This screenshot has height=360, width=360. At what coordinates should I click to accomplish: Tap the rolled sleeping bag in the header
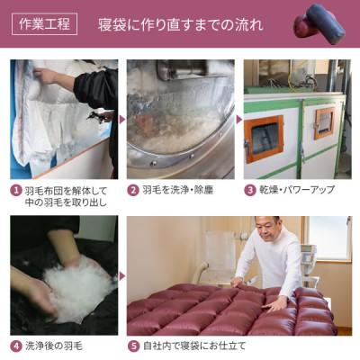tap(325, 23)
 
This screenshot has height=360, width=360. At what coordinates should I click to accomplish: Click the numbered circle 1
tap(16, 191)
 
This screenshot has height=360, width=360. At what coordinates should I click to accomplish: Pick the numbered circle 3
tap(250, 191)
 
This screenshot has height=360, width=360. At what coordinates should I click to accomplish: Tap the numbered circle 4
tap(16, 345)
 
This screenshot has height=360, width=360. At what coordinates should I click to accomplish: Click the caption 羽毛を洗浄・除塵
tap(180, 191)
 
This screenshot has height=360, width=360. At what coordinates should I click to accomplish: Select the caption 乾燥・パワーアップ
tap(294, 191)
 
